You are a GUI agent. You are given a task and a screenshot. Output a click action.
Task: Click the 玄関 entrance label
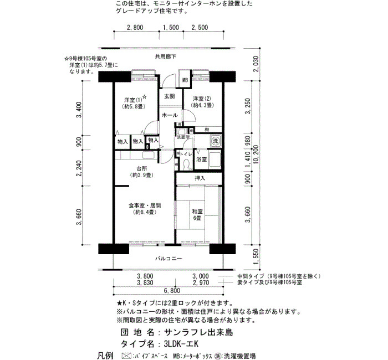pos(170,96)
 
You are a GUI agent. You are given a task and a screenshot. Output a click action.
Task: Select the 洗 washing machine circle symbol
pos(216,141)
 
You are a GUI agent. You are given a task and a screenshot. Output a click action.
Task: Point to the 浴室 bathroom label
pos(201,160)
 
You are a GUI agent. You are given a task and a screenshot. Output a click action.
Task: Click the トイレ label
pos(186,155)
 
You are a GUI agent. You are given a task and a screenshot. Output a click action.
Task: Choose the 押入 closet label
pos(200,178)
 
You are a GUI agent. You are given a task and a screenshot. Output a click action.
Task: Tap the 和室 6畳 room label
pos(197,215)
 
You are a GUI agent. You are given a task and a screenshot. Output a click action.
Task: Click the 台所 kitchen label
pos(141,172)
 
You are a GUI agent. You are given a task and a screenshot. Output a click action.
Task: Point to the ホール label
pos(170,115)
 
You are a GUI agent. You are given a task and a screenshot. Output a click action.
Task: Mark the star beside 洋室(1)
pos(145,97)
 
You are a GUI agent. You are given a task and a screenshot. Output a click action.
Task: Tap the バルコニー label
pos(169,259)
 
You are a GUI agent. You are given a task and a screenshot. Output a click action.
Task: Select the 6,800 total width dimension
pos(172,291)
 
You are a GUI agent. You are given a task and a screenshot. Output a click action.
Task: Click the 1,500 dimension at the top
pos(171,27)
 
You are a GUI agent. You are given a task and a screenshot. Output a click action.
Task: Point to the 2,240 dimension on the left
pos(79,168)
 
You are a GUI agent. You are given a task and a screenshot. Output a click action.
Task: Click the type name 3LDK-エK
pos(181,344)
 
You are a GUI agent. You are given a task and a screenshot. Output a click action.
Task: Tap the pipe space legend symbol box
pos(126,356)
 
